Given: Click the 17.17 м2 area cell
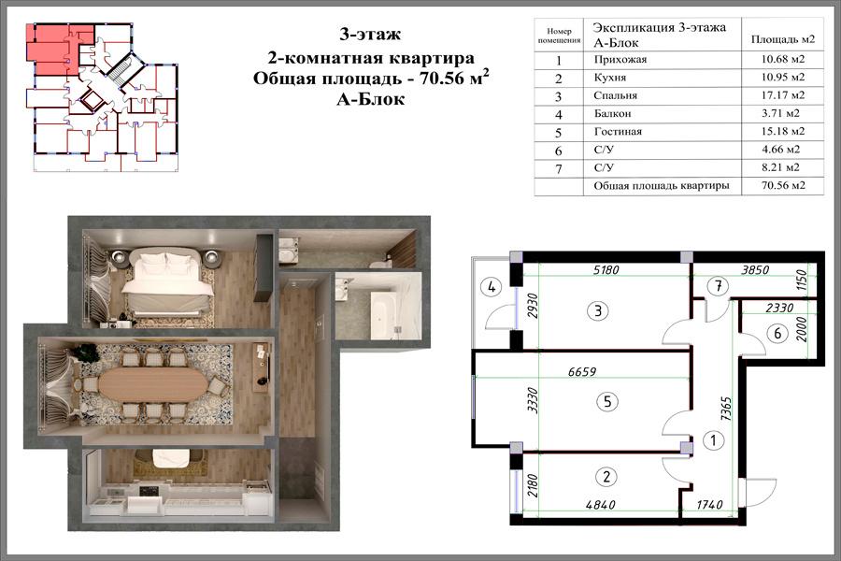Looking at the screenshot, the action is click(x=782, y=95).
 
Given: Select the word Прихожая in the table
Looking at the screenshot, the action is click(x=620, y=59).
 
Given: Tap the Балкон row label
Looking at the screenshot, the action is click(x=612, y=113).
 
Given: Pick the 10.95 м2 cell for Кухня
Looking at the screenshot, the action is click(x=782, y=77).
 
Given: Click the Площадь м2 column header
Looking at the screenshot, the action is click(x=782, y=39).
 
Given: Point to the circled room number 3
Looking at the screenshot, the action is click(x=598, y=310).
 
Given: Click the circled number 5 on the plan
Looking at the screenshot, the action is click(x=607, y=401).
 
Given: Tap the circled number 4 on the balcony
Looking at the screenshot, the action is click(x=491, y=287).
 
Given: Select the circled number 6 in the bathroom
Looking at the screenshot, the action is click(x=777, y=334).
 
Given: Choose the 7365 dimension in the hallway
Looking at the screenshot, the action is click(x=726, y=410).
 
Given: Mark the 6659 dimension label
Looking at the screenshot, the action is click(x=581, y=371).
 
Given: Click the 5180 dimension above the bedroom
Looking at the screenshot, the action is click(x=606, y=269).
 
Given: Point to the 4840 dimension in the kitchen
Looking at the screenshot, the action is click(x=600, y=505).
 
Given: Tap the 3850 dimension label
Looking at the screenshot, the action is click(x=755, y=270).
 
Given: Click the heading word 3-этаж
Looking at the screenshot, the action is click(x=370, y=35).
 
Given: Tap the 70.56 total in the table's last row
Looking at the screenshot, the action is click(x=783, y=185).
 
